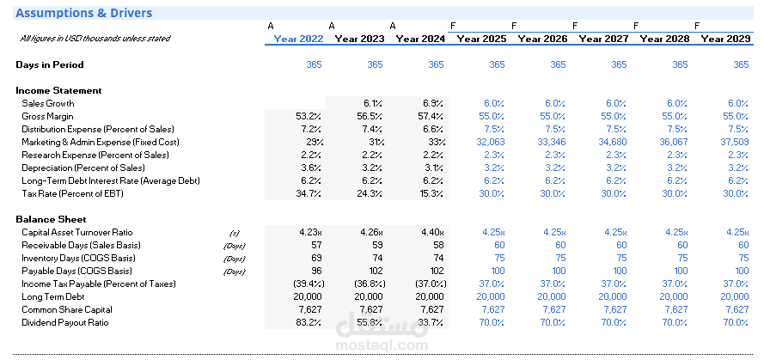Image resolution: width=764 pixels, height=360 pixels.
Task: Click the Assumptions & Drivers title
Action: click(84, 13)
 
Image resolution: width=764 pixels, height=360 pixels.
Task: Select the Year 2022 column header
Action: click(299, 39)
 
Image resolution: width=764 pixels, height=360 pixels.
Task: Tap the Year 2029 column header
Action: click(725, 39)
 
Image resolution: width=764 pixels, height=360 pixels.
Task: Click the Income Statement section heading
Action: click(59, 90)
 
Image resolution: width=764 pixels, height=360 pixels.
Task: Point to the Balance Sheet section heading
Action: click(51, 219)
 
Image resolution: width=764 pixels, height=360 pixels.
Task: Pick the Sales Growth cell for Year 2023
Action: click(374, 103)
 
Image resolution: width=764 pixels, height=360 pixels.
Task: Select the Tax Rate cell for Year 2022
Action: click(309, 193)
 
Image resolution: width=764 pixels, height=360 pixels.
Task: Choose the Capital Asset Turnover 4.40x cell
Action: click(432, 232)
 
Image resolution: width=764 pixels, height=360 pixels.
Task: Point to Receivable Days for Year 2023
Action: click(376, 245)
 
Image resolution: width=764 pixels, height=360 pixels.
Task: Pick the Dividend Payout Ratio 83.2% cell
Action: click(309, 322)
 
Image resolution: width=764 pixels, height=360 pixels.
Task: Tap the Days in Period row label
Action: click(50, 64)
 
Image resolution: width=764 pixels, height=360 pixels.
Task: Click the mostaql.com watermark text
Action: click(382, 346)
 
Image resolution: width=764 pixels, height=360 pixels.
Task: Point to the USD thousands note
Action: click(95, 39)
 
